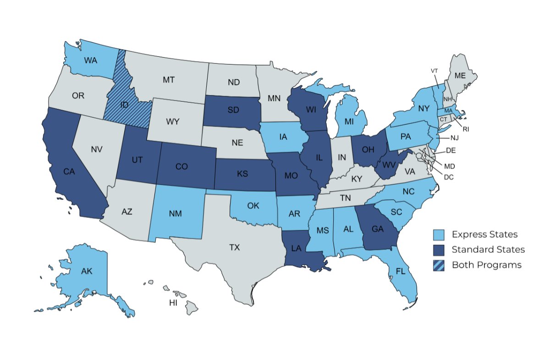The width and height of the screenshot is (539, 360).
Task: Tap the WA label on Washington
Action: (x=91, y=60)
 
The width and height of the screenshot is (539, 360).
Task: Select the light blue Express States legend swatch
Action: (x=439, y=235)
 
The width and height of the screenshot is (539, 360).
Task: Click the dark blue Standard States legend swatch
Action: (x=439, y=250)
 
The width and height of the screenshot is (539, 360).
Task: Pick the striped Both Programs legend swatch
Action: (x=439, y=265)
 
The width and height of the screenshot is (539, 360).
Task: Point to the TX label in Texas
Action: (x=234, y=247)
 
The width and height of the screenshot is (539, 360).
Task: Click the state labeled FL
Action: (x=400, y=271)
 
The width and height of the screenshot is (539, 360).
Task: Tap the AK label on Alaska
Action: (x=87, y=271)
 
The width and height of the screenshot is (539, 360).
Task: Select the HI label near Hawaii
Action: (x=173, y=303)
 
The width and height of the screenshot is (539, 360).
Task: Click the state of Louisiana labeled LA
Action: (x=296, y=248)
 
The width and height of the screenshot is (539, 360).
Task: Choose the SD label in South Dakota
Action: (x=232, y=110)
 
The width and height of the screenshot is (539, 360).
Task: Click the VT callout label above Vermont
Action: (x=434, y=71)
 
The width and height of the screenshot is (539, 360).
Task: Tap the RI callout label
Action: (x=466, y=130)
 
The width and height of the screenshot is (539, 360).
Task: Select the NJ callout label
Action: (x=454, y=138)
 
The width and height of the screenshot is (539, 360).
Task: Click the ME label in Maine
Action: (x=460, y=75)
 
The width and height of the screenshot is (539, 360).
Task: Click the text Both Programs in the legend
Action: (x=486, y=265)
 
